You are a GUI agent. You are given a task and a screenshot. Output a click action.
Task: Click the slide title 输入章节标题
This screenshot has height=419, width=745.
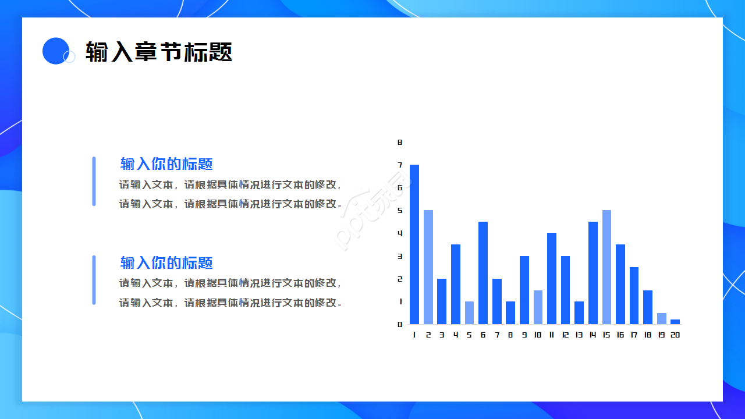(158, 52)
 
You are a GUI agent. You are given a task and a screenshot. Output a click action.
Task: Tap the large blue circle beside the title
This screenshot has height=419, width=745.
(56, 51)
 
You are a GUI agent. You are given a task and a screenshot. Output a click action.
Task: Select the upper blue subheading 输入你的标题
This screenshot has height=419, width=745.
(166, 164)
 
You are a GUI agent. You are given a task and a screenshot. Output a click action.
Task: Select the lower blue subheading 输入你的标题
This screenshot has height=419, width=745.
(166, 263)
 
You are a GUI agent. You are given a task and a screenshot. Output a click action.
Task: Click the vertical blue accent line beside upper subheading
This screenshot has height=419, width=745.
(94, 181)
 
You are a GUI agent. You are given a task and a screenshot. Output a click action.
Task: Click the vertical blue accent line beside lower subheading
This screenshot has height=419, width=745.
(94, 280)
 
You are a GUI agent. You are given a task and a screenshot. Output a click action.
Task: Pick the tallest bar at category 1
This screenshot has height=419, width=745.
(414, 244)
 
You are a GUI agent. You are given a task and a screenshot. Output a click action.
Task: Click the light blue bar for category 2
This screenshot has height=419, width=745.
(428, 267)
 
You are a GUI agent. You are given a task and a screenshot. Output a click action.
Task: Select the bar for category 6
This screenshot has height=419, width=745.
(483, 273)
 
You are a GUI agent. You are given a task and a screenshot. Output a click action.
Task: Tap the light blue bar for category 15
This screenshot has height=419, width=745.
(606, 267)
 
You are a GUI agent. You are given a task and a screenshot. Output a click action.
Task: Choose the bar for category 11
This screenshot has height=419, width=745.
(552, 279)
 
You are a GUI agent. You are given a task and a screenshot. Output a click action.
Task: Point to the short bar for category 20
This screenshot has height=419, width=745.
(675, 322)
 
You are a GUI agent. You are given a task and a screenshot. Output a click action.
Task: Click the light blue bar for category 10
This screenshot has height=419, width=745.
(538, 307)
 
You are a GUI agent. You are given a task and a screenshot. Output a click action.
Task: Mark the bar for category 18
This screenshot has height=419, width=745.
(648, 307)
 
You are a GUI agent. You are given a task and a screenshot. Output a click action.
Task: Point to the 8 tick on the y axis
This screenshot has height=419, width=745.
(400, 142)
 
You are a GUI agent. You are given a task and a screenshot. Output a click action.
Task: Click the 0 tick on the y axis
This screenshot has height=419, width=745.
(400, 324)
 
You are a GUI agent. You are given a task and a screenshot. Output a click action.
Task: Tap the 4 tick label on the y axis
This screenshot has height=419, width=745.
(400, 233)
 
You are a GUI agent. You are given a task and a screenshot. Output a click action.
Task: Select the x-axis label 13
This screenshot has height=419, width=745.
(579, 335)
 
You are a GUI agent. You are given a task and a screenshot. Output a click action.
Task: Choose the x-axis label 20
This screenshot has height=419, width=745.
(675, 335)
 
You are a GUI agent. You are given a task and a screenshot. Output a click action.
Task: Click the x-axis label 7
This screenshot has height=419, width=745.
(497, 335)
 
